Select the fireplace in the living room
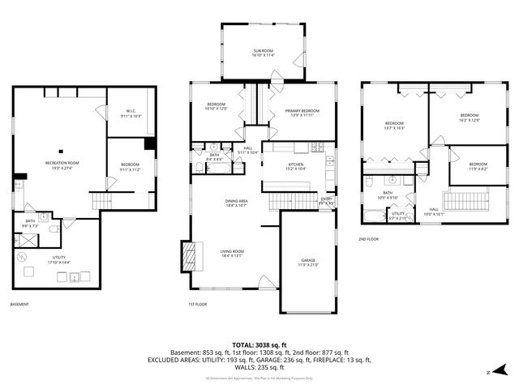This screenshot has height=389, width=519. (190, 255)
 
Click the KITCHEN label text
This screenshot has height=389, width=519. (296, 166)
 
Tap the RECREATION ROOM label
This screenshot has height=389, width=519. (60, 165)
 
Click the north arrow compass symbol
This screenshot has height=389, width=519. (492, 372)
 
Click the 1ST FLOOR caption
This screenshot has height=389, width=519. (198, 305)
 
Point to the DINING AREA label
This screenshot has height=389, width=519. (236, 203)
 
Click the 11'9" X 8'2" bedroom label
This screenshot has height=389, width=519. (478, 166)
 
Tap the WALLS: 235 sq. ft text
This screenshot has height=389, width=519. (259, 367)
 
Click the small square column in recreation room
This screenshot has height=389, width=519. (59, 149)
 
